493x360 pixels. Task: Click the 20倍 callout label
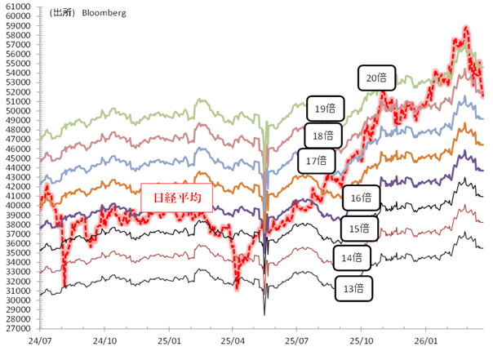tap(376, 78)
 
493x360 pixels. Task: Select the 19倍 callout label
tap(326, 108)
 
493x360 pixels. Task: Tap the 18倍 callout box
tap(323, 135)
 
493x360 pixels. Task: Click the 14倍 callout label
tap(353, 259)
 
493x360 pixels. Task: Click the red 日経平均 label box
tap(177, 197)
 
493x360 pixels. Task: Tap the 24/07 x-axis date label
tap(39, 341)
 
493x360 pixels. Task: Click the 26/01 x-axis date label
tap(423, 341)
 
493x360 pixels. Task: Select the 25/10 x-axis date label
tap(359, 341)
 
